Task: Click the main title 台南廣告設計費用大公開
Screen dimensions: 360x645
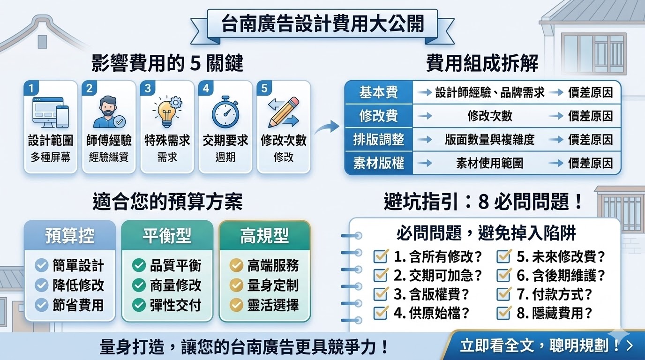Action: pos(322,24)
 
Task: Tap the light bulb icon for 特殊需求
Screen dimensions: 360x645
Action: pos(166,112)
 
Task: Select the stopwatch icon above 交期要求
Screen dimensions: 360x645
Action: pos(225,112)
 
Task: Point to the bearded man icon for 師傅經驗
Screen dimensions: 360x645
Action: pos(108,112)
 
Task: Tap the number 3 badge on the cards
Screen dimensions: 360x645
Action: pos(148,89)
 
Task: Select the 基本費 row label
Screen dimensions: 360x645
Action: pos(378,92)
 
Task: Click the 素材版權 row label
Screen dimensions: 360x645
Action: pos(378,163)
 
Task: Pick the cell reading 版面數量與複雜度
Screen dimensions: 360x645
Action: pos(489,140)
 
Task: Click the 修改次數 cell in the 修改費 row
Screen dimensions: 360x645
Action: pos(490,116)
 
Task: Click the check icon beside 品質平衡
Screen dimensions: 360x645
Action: pos(139,266)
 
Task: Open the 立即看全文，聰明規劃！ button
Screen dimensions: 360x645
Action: pos(546,346)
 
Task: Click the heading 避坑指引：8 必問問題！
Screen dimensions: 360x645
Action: pos(483,202)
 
